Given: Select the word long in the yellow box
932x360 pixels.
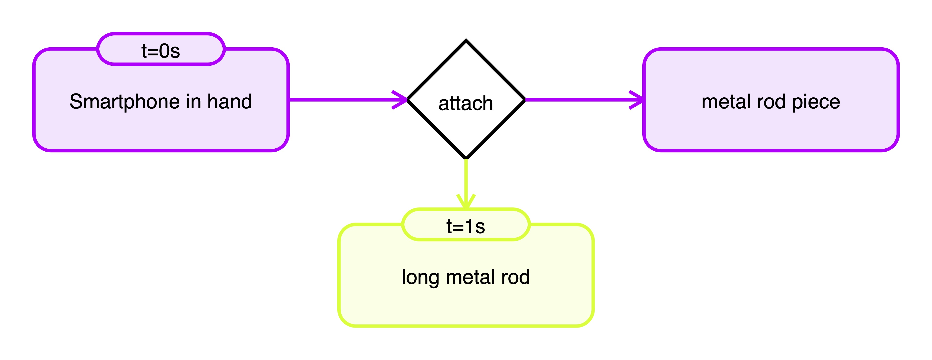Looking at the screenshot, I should click(x=420, y=278).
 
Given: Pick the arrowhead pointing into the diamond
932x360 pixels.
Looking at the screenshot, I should click(x=401, y=100).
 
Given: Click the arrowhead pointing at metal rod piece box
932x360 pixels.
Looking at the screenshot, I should click(x=637, y=100).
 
